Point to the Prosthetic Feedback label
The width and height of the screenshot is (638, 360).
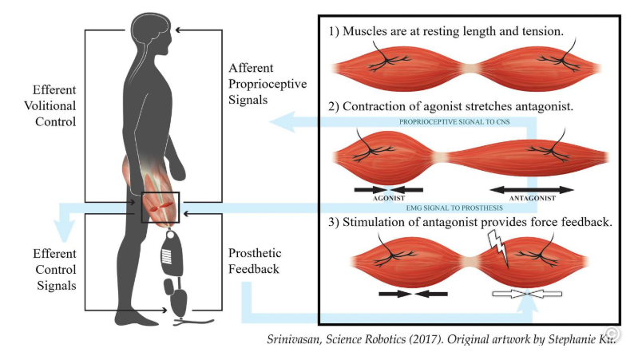(x=255, y=261)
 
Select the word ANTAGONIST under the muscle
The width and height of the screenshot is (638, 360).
(x=531, y=200)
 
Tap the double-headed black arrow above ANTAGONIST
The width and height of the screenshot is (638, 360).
(x=531, y=190)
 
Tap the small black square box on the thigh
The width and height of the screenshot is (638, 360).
(x=160, y=207)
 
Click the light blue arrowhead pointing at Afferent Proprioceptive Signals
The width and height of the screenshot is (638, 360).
(x=280, y=121)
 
